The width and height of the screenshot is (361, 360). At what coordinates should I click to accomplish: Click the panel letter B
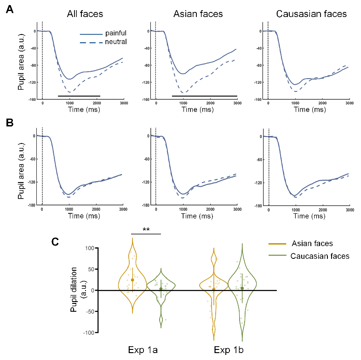point(9,124)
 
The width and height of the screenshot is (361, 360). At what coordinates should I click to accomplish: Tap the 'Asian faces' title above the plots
point(198,14)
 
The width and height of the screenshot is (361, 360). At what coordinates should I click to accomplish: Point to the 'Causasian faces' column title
point(311,14)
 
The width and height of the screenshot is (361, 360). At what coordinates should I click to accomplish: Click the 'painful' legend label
point(116,34)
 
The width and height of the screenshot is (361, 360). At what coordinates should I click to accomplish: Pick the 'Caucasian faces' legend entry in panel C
point(320,256)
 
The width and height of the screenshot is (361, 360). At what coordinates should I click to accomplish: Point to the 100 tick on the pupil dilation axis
point(88,248)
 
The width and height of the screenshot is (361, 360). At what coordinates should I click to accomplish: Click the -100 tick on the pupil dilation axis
point(87,332)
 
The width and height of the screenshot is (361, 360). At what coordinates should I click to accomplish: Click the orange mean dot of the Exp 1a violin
point(132,280)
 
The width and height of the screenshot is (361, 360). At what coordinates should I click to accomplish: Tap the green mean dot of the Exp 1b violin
point(242,288)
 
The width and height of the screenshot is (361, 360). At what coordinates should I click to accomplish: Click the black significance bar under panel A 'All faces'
point(79,96)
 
